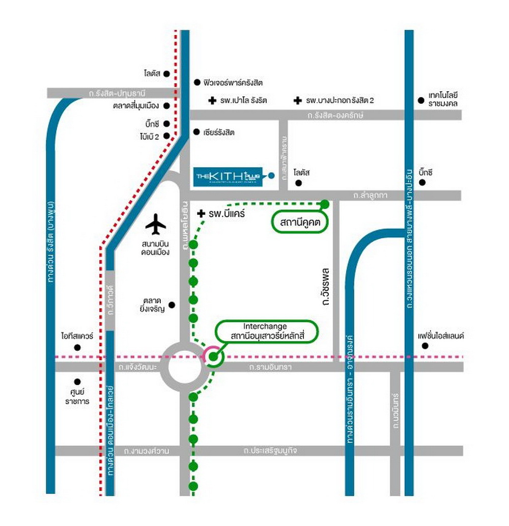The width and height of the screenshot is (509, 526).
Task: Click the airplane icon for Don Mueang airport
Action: click(156, 225)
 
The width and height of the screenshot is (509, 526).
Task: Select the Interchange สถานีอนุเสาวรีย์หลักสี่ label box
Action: click(266, 331)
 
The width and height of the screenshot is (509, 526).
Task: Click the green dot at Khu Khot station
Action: click(325, 204)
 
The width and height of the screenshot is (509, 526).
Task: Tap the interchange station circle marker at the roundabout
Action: click(213, 356)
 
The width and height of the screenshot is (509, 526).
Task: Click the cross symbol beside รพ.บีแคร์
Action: click(201, 213)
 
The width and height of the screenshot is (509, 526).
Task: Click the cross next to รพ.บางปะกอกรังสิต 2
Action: click(297, 101)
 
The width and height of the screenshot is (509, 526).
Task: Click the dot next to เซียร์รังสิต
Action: click(196, 132)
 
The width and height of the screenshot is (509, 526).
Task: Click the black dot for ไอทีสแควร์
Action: click(77, 348)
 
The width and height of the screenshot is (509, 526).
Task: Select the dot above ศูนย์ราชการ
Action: click(77, 381)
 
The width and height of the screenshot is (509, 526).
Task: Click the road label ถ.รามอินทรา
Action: click(269, 367)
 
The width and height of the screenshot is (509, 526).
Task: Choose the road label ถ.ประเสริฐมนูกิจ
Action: click(270, 451)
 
